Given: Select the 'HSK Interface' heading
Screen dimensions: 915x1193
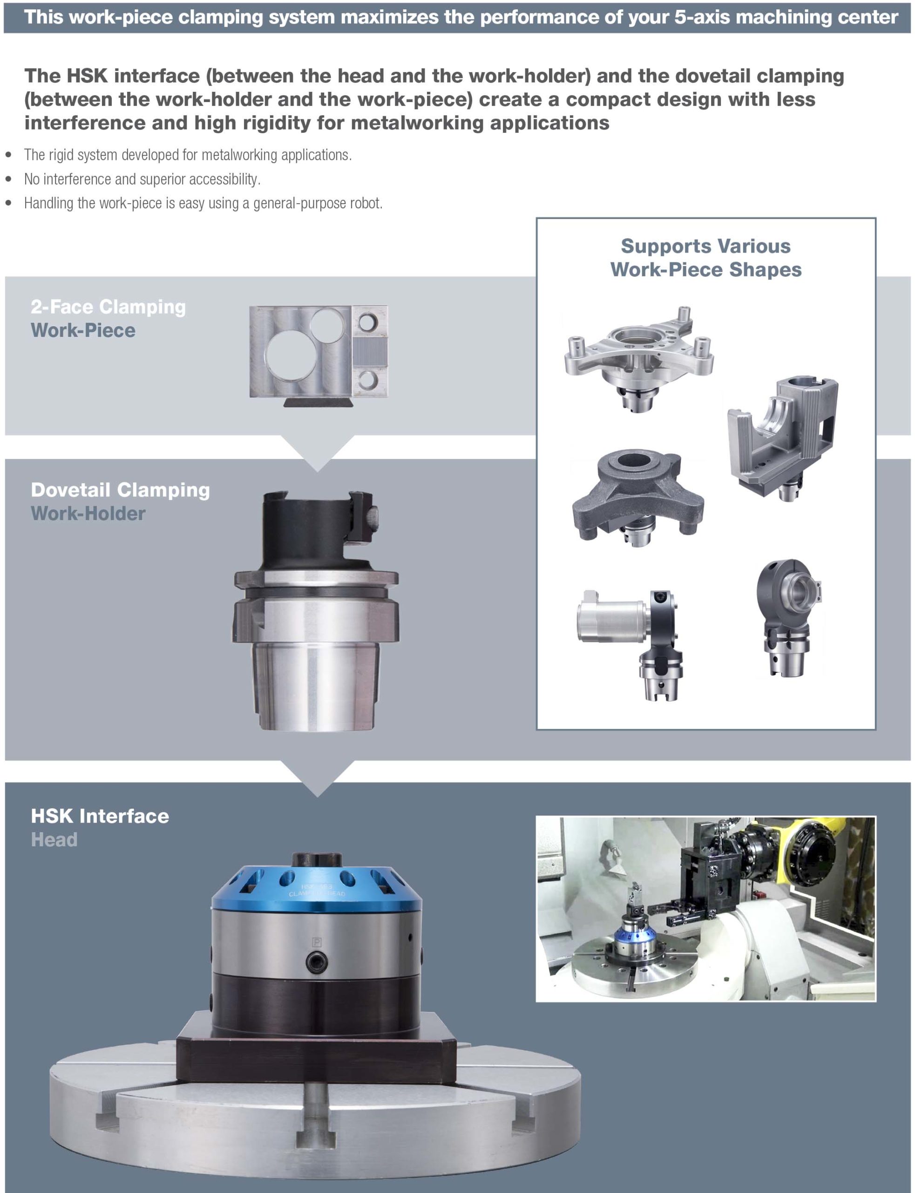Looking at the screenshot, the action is coord(100,816).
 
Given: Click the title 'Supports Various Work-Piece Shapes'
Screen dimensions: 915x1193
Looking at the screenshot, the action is coord(706,258).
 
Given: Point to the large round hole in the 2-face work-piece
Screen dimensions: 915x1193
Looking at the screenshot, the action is coord(288,357).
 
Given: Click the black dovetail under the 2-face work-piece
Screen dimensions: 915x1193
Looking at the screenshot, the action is coord(318,402).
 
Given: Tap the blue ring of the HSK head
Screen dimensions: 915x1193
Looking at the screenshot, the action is coord(317,887).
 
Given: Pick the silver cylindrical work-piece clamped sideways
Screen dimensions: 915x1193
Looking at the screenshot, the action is coord(613,617).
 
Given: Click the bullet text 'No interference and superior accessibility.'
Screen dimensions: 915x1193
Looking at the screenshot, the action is coord(142,179).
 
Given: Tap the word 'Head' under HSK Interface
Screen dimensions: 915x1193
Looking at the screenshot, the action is coord(54,839).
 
